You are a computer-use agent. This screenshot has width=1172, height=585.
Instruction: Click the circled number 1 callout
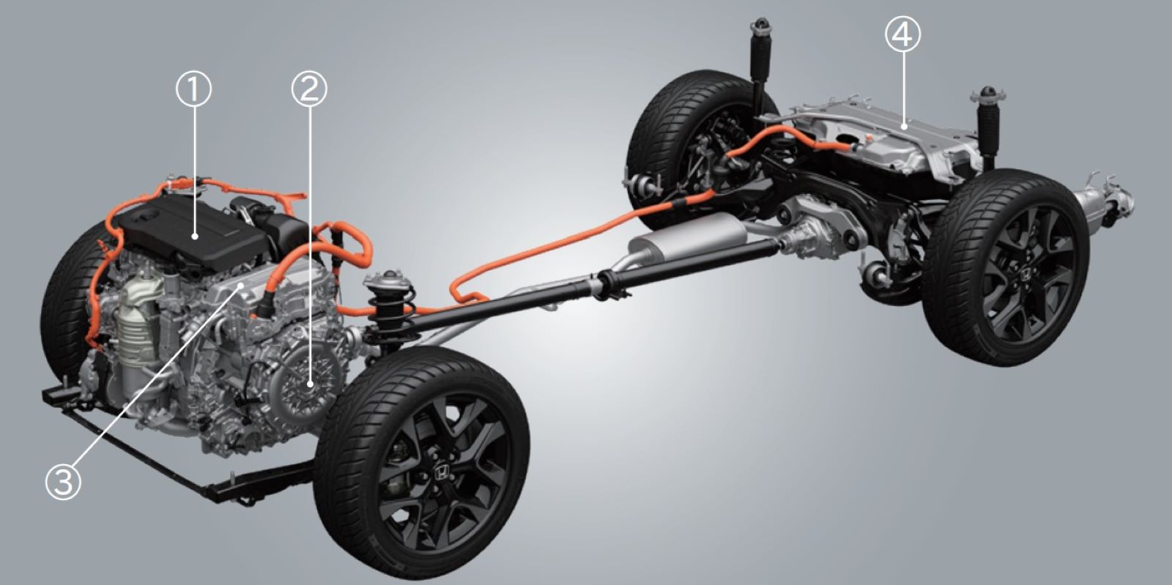click(193, 89)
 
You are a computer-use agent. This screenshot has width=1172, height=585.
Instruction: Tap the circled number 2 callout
click(308, 89)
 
